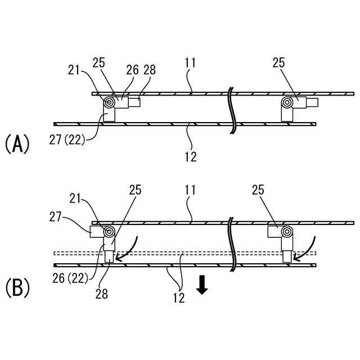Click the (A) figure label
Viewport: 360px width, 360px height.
click(17, 144)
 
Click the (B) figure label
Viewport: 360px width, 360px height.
click(17, 288)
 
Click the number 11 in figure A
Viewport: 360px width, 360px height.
click(190, 63)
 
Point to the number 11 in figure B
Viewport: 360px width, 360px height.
click(190, 191)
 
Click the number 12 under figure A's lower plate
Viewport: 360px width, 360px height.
click(190, 156)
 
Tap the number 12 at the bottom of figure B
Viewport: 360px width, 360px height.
click(179, 298)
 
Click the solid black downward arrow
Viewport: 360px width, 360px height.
click(202, 286)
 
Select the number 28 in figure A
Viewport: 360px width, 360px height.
click(150, 70)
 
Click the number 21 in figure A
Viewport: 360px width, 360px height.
click(74, 70)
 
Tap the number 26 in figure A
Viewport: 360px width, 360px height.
click(132, 70)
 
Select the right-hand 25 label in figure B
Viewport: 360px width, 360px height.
click(258, 191)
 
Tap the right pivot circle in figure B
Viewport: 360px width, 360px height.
click(288, 232)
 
